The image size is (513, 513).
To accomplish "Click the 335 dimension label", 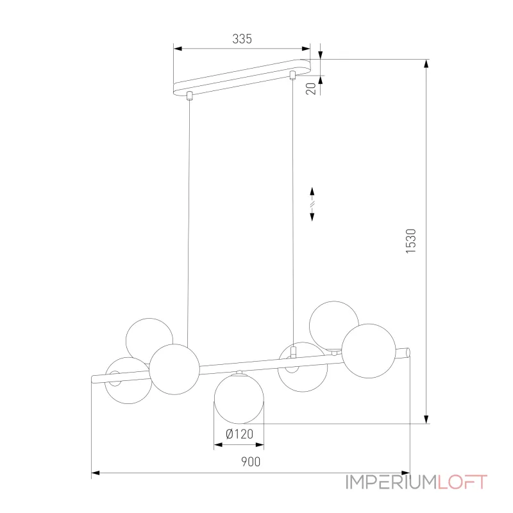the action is (x=242, y=39).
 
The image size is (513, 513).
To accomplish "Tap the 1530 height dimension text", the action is (x=410, y=241).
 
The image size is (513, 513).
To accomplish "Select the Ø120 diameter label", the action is (x=239, y=434).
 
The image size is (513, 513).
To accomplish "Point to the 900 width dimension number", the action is (x=251, y=462).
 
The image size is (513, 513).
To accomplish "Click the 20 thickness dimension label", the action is (x=311, y=88).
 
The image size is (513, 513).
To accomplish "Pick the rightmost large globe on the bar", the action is (x=369, y=351).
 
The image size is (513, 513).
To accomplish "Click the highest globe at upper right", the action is (x=334, y=326).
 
